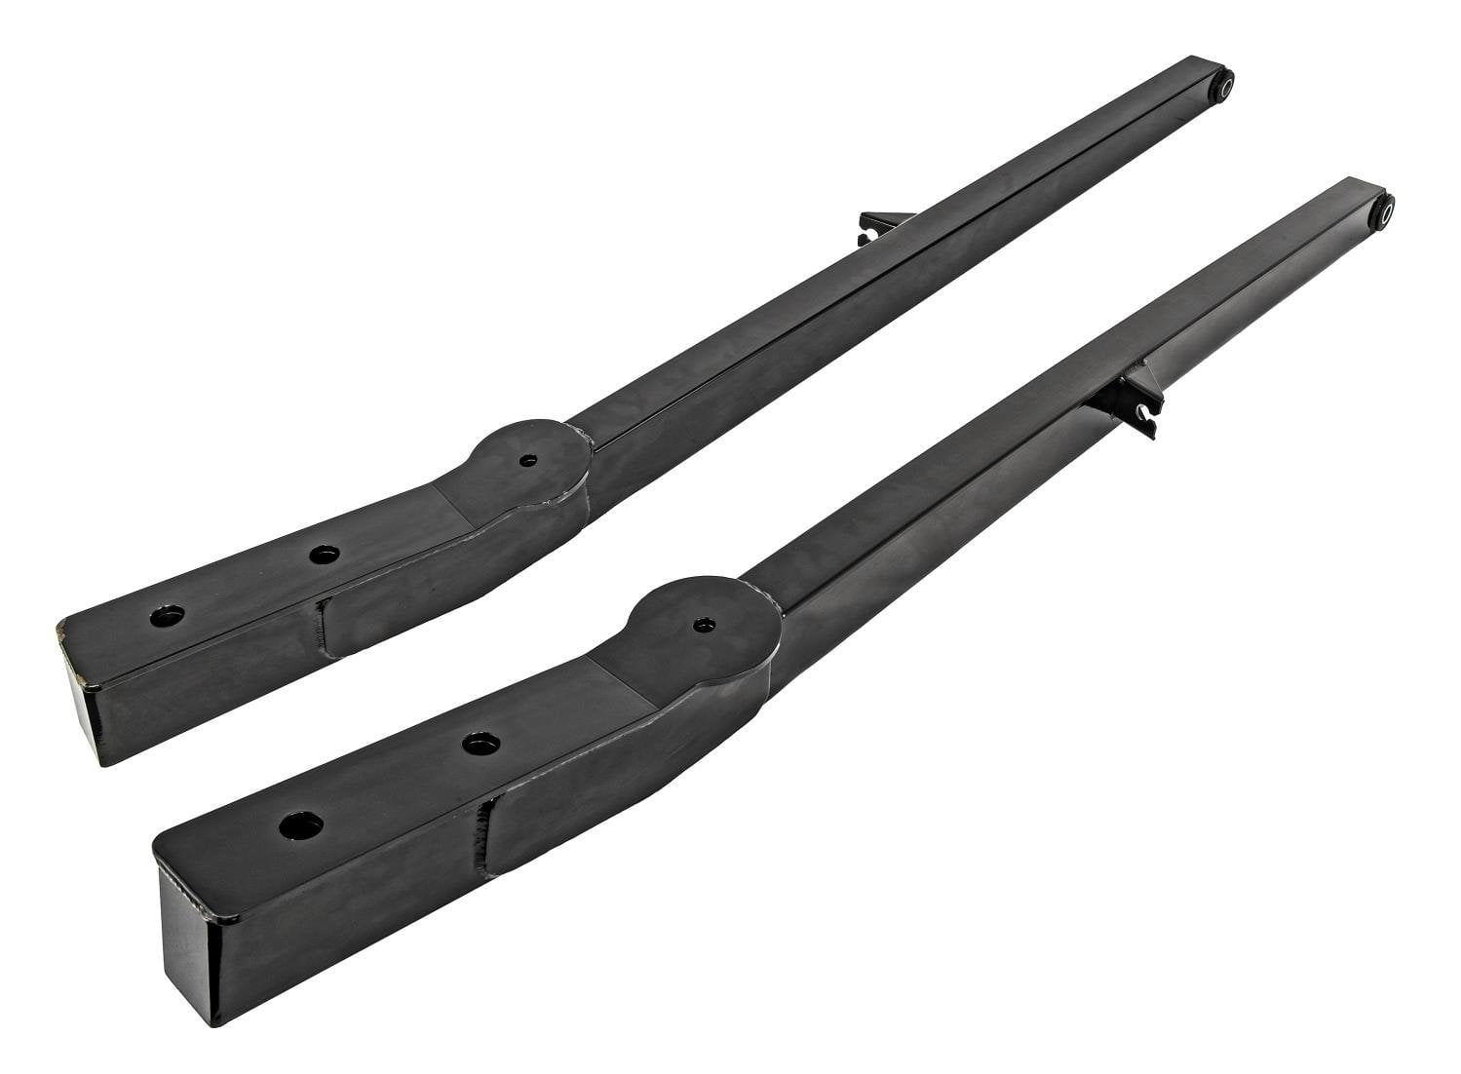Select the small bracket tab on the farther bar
tap(874, 230)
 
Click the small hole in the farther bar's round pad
tap(527, 461)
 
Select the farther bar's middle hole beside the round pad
tap(324, 555)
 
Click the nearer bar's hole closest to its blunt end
tap(301, 825)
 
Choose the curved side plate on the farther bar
tap(448, 570)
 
